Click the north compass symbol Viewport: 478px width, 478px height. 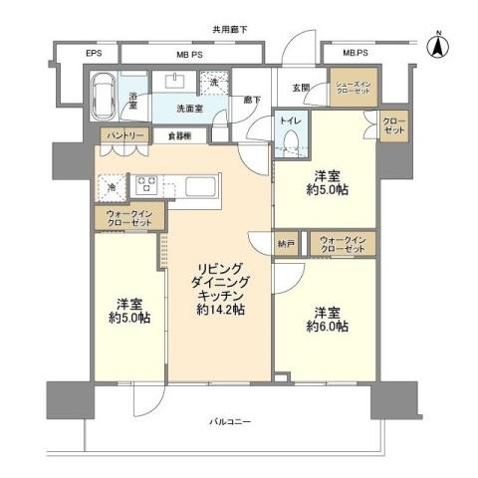437,45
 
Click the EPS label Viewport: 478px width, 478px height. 65,53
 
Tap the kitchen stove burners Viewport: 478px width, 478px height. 146,184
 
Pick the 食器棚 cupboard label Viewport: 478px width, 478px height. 180,134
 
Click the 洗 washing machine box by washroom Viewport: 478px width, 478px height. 212,82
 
